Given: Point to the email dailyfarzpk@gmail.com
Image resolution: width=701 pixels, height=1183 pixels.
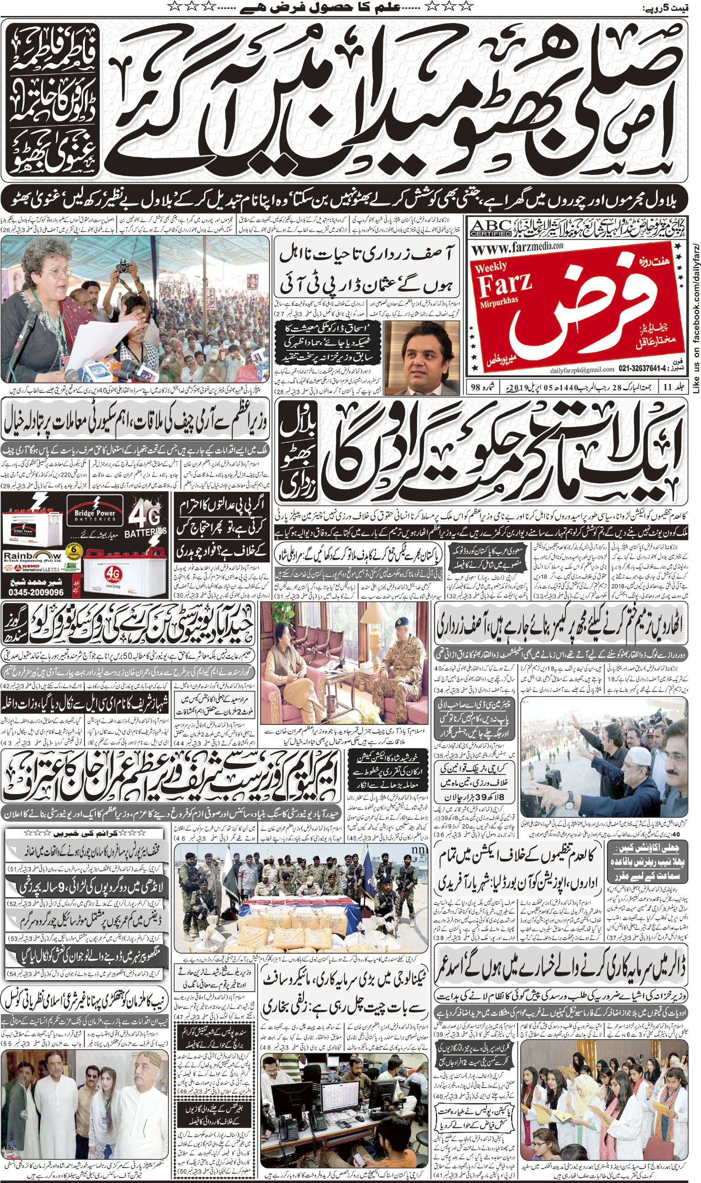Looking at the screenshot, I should coord(582,370).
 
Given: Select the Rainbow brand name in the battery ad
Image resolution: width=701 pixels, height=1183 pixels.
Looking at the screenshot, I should coord(32,555).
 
